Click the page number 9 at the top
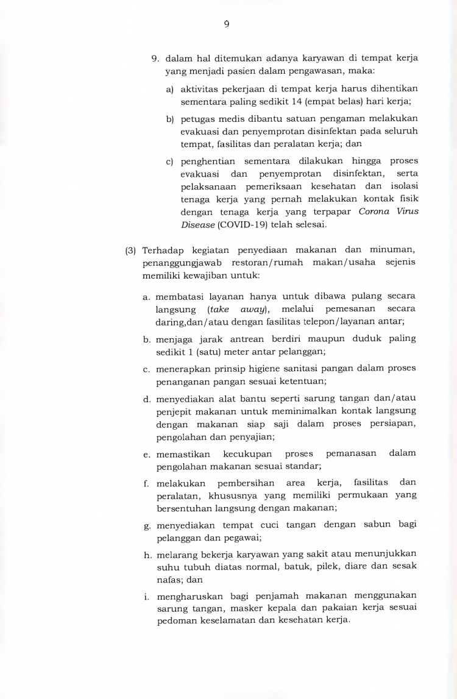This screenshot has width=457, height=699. (x=227, y=24)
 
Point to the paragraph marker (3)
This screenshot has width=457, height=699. (x=130, y=251)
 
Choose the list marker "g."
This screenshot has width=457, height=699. (x=147, y=525)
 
